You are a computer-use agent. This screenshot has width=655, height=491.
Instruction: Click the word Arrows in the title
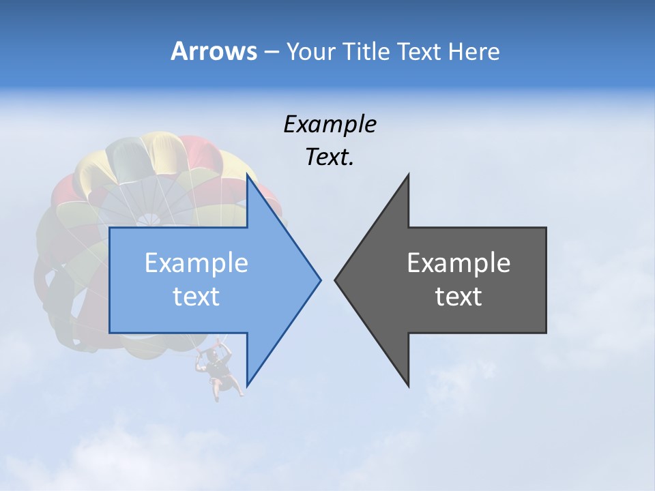coord(214,51)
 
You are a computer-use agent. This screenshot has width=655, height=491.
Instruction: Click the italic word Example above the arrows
coord(330,124)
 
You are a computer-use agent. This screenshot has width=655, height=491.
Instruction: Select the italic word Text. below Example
coord(330,157)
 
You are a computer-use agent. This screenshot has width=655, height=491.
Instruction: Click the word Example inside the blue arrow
coord(196,263)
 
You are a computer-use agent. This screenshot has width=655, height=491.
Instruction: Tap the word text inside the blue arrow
coord(196,297)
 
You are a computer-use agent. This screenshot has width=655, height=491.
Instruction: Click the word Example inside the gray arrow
coord(458,263)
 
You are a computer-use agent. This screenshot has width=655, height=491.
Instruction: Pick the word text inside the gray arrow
coord(458,297)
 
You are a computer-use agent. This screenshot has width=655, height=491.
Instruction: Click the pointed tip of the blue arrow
coord(320,280)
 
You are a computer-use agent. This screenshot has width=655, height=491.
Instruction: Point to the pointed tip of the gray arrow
coord(335,280)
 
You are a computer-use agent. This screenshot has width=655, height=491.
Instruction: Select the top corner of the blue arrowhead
coord(247,175)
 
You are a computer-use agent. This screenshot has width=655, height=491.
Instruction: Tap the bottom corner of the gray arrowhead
coord(408,386)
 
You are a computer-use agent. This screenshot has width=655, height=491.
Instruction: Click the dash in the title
coord(270,53)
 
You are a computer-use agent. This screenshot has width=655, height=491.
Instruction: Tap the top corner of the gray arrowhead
coord(408,175)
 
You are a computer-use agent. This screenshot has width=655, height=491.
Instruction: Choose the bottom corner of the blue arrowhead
coord(247,385)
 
